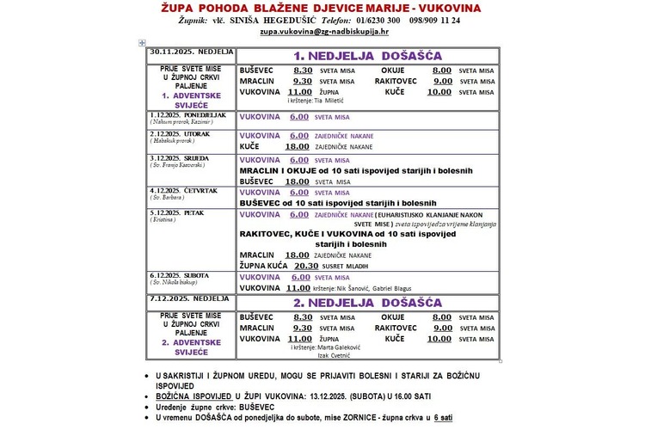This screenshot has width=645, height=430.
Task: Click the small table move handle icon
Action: point(142,42)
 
